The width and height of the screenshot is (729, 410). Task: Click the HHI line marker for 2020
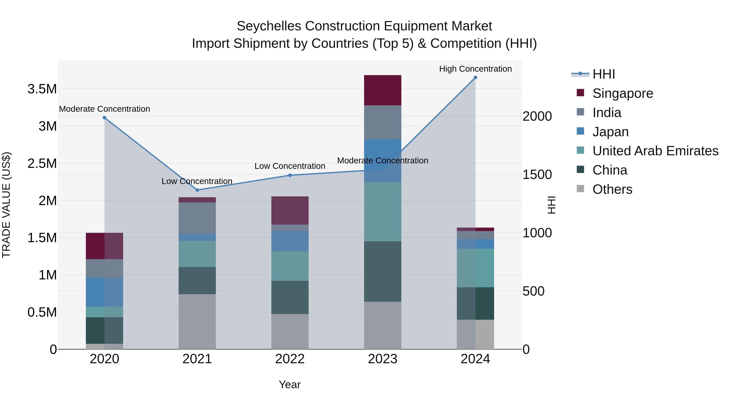click(104, 118)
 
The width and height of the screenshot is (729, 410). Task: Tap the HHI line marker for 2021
click(197, 190)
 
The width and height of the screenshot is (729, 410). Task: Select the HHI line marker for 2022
click(290, 175)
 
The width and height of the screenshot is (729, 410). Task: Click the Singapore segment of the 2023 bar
click(382, 90)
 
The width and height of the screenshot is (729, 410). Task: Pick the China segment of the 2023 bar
click(382, 271)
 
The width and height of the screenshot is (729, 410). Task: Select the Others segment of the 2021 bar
click(197, 322)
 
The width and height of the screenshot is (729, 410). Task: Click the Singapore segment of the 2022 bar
click(290, 211)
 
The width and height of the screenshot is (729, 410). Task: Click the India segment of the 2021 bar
click(197, 218)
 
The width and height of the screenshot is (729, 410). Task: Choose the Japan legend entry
click(610, 132)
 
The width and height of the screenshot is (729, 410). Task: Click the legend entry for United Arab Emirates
click(655, 151)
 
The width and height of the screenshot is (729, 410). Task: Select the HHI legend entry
click(603, 74)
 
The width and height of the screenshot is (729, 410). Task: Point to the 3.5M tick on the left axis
click(42, 89)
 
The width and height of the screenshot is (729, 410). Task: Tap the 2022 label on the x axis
click(290, 359)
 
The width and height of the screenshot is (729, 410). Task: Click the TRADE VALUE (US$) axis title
click(6, 205)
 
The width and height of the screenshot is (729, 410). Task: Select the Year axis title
click(290, 384)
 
